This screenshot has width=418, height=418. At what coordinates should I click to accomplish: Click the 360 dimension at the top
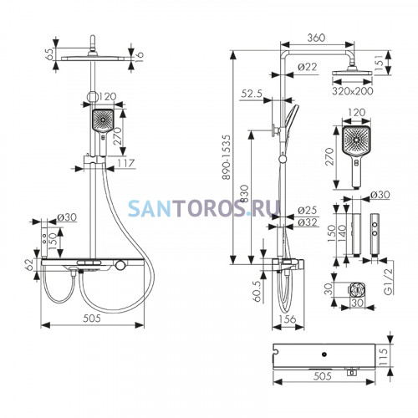click(x=316, y=38)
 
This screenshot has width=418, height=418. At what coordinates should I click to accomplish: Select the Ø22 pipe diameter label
click(x=308, y=67)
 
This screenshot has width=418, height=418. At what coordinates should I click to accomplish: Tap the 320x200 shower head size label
click(x=353, y=91)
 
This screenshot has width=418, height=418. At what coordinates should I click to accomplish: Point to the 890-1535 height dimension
click(x=227, y=157)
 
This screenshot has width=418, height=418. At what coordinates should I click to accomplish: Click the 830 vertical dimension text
click(x=244, y=194)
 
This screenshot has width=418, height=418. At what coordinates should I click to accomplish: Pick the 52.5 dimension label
click(x=252, y=94)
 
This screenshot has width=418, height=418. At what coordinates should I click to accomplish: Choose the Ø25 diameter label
click(x=307, y=210)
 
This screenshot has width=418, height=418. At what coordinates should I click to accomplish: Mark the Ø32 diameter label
click(x=307, y=222)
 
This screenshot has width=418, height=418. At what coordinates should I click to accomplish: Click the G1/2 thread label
click(x=388, y=281)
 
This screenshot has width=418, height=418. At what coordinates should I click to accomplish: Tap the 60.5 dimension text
click(x=257, y=291)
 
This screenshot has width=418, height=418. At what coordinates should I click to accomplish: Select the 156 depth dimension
click(x=287, y=319)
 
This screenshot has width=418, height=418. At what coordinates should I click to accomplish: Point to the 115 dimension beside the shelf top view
click(x=383, y=356)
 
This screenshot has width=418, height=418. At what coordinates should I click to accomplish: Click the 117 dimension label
click(x=126, y=163)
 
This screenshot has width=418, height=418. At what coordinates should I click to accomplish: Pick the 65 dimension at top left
click(x=49, y=54)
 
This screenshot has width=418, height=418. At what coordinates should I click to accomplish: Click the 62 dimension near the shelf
click(x=29, y=265)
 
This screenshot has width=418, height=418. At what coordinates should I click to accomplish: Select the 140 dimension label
click(x=342, y=232)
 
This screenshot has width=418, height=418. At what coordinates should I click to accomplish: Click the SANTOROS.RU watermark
click(x=204, y=208)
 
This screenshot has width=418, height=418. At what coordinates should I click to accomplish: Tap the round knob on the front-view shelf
click(x=120, y=265)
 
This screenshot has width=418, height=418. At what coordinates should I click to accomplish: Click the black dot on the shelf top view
click(x=324, y=354)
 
